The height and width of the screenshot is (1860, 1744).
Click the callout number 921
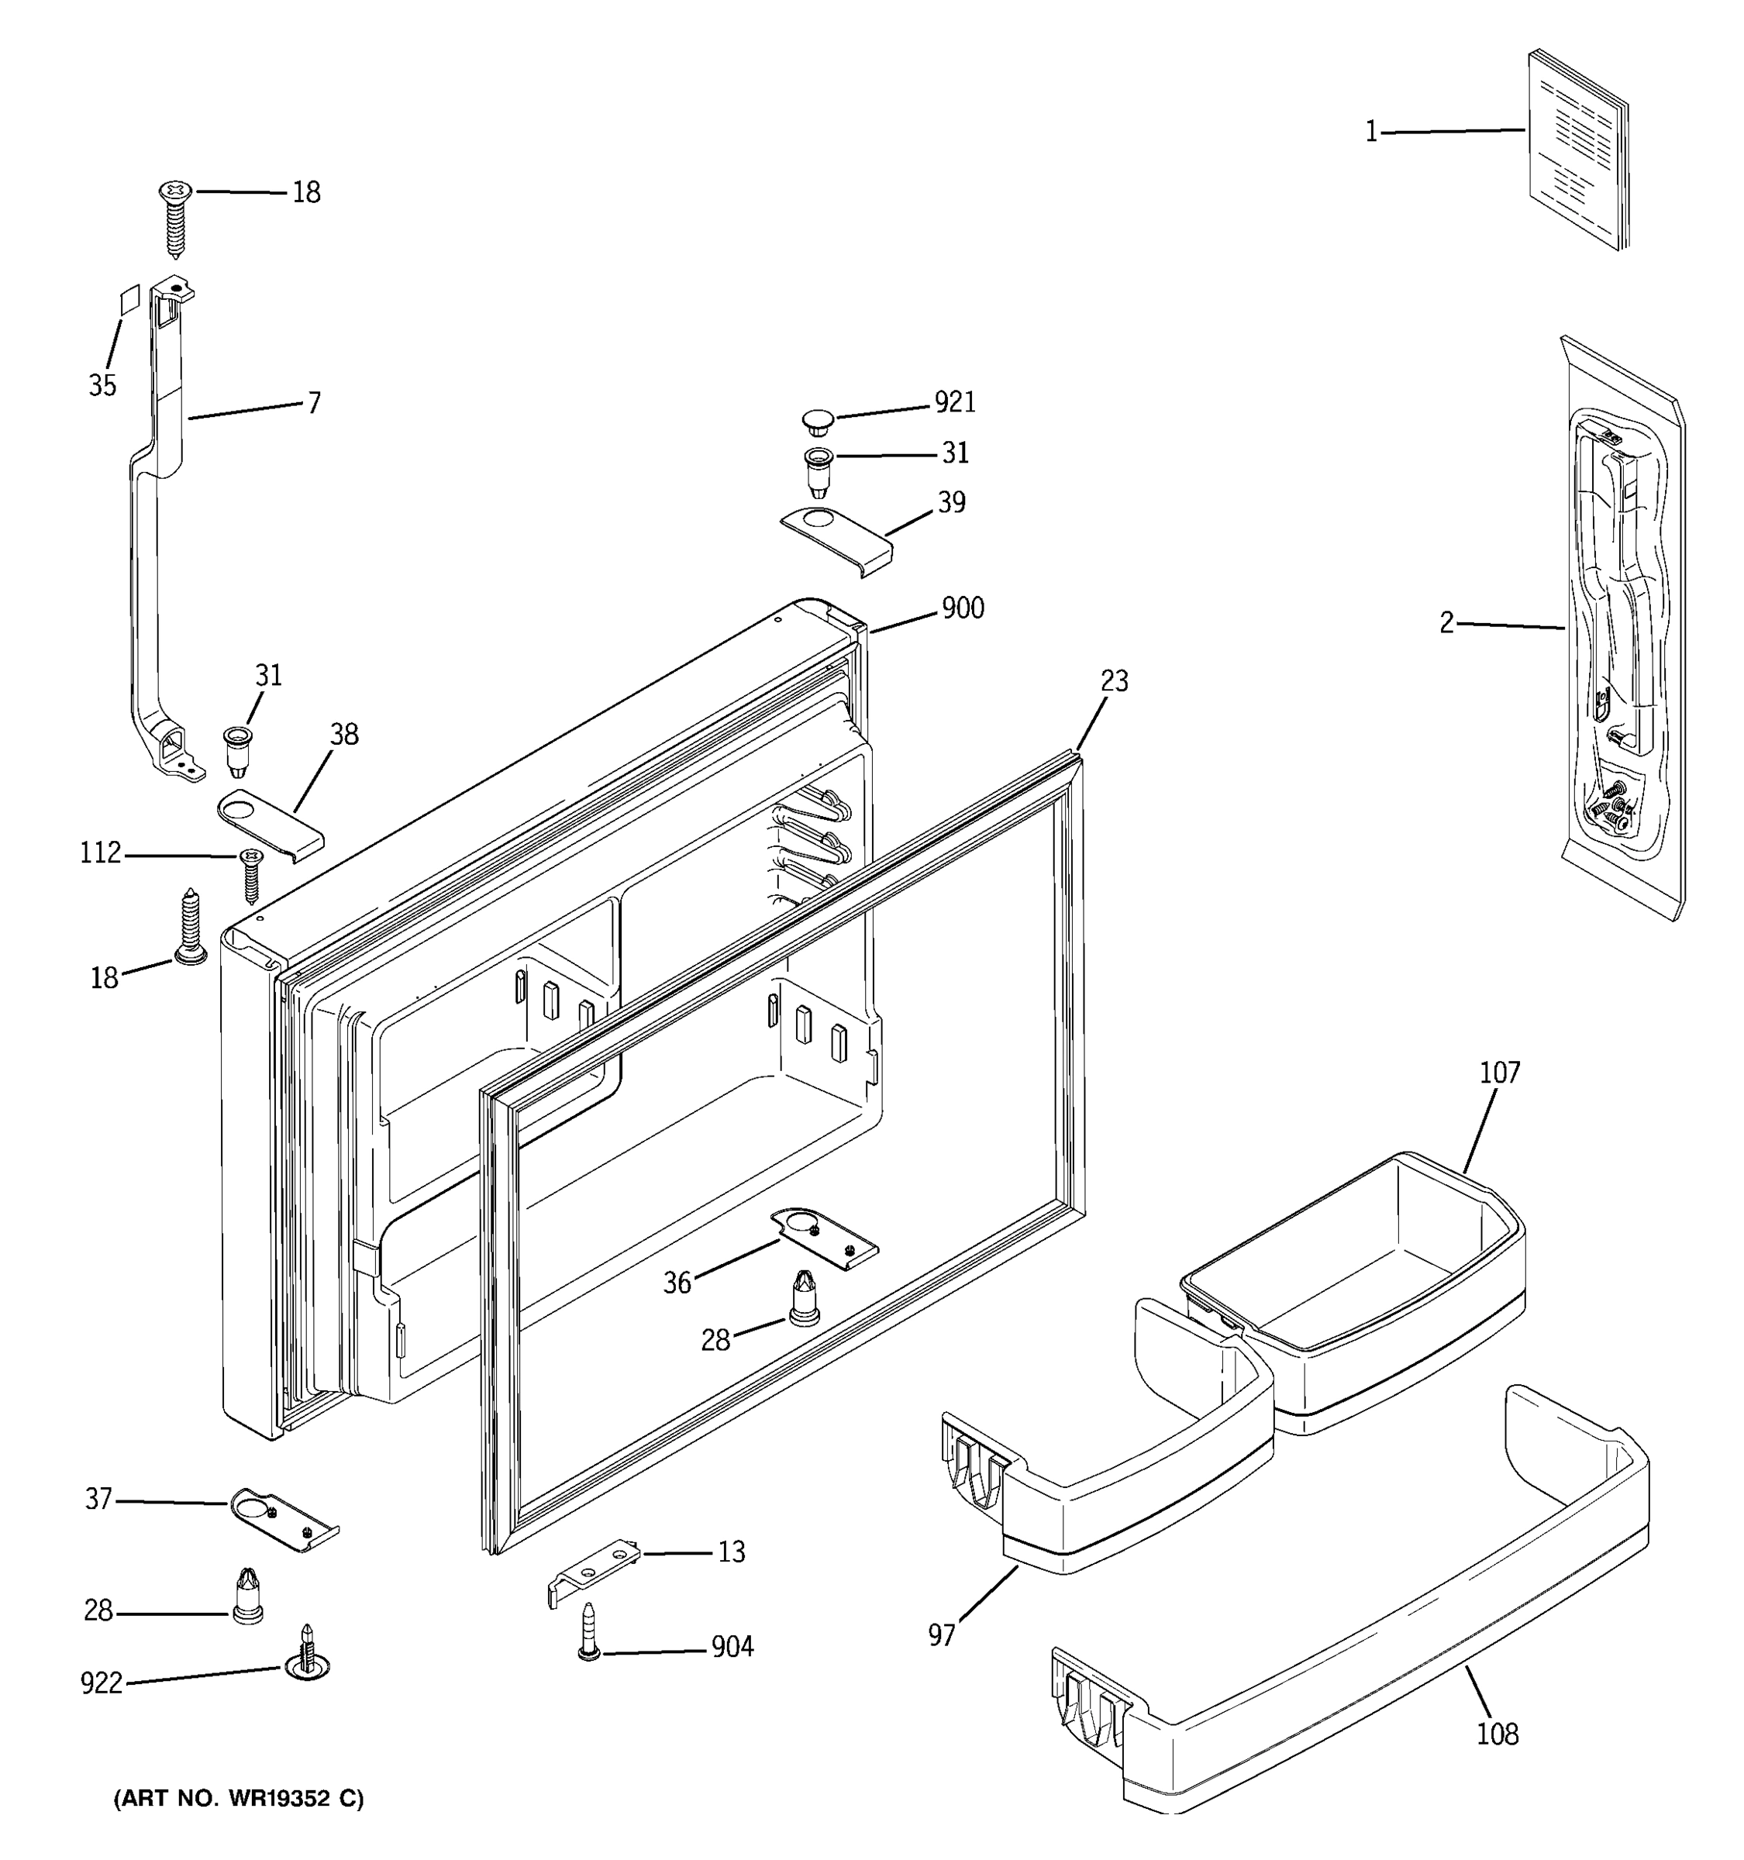[x=954, y=402]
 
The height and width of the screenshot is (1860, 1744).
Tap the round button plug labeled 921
[x=819, y=420]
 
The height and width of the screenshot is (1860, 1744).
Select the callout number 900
[x=962, y=609]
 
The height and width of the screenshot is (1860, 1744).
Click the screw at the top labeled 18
[x=175, y=217]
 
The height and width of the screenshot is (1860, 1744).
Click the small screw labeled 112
[x=250, y=873]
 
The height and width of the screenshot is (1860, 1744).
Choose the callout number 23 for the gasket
[x=1113, y=681]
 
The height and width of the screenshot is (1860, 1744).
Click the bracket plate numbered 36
[x=823, y=1238]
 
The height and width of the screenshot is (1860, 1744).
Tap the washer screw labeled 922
[x=307, y=1662]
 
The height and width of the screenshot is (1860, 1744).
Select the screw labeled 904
[x=589, y=1633]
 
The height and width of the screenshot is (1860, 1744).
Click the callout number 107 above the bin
[x=1499, y=1073]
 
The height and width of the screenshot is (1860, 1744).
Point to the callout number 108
[x=1497, y=1734]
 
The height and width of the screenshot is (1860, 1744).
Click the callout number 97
[x=941, y=1634]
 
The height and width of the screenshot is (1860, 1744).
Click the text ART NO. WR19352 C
[x=239, y=1798]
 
